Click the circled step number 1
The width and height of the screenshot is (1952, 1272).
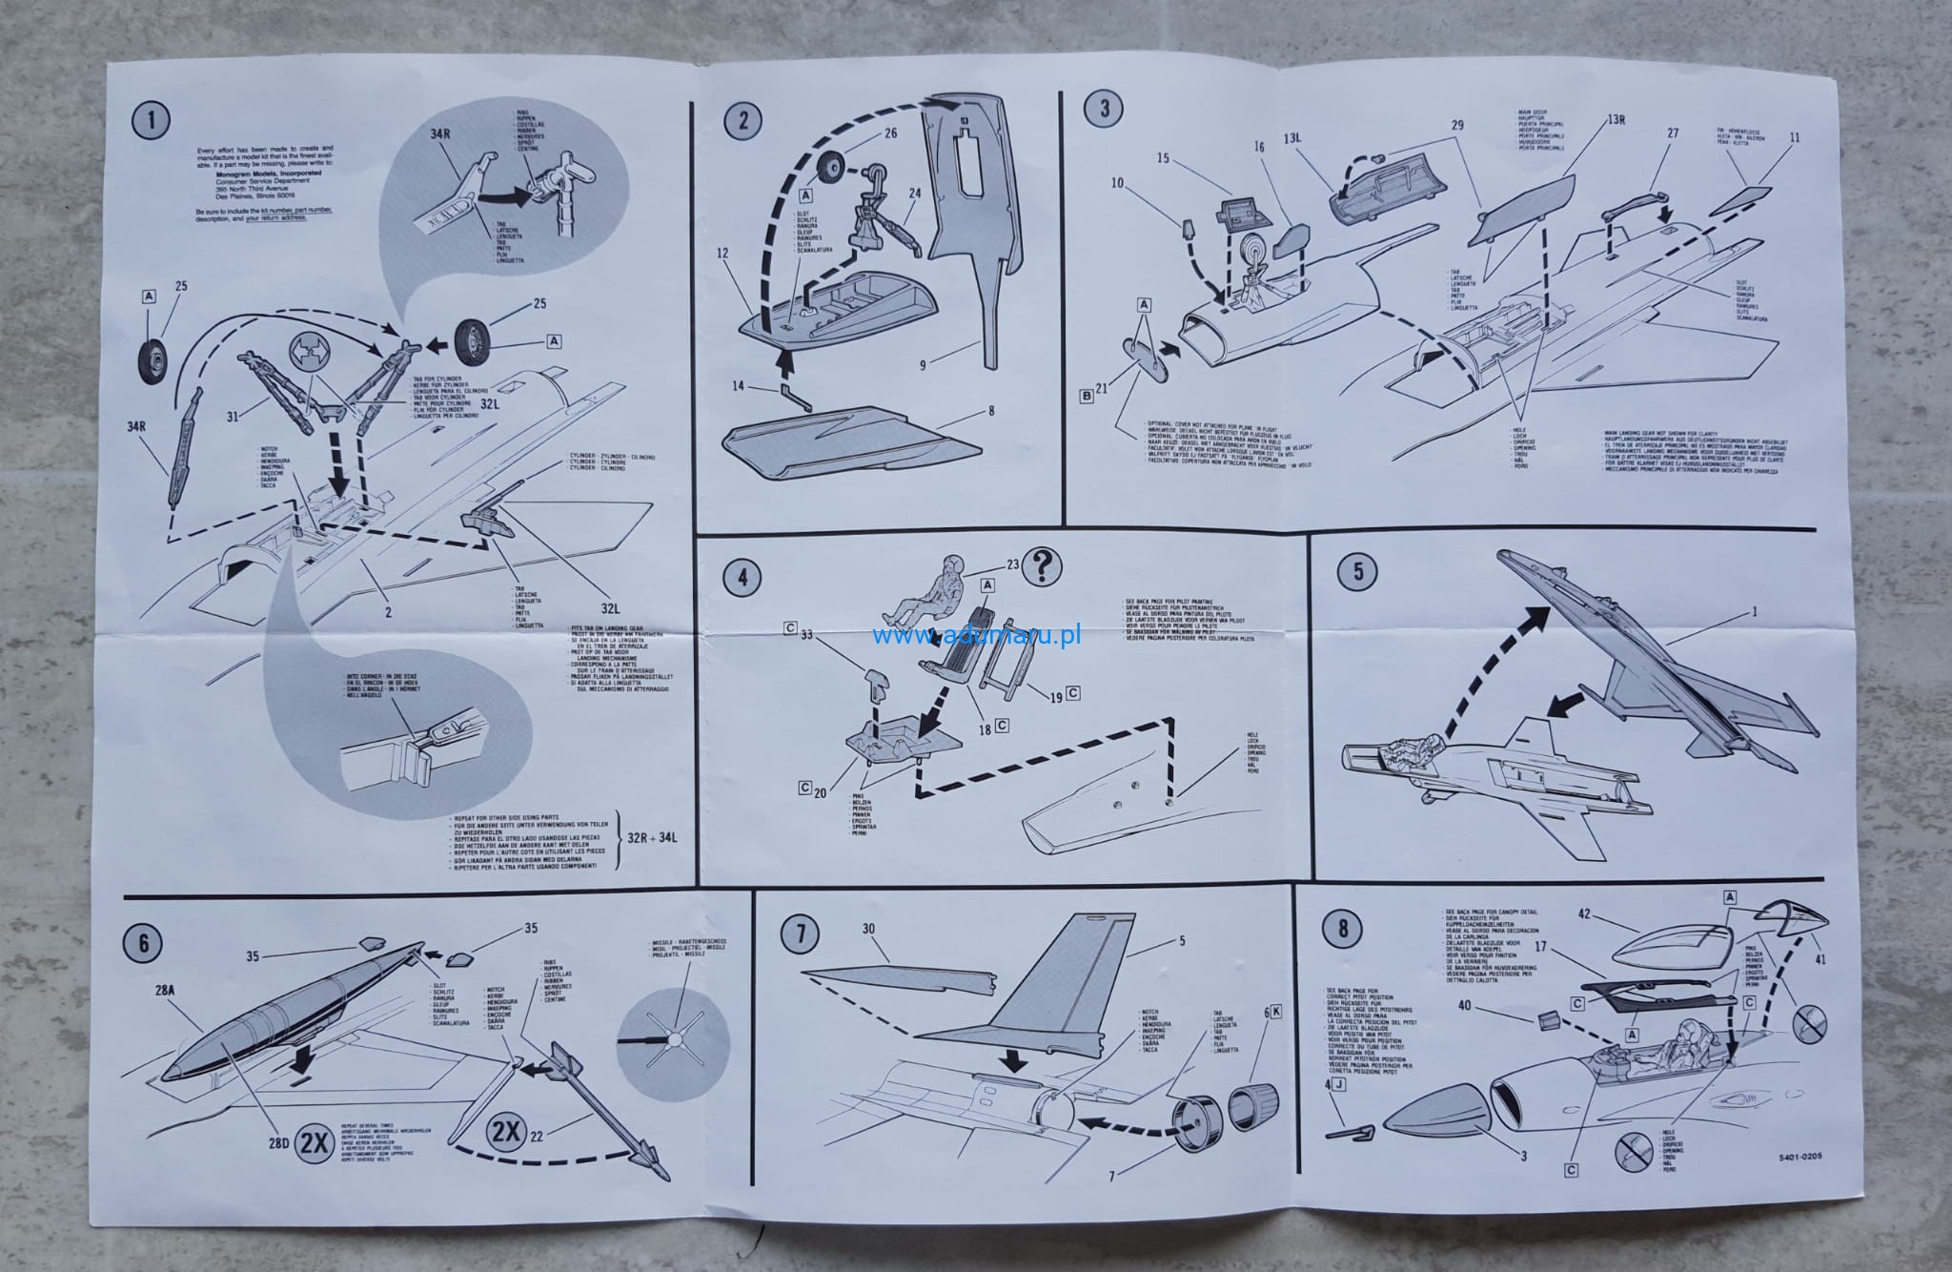[152, 121]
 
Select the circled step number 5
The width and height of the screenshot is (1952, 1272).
[1357, 571]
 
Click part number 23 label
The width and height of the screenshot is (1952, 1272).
[1013, 564]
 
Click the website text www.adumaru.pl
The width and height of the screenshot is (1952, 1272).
[976, 636]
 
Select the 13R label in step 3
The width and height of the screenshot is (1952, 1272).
[1615, 120]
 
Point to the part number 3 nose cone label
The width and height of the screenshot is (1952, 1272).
[1523, 1157]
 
